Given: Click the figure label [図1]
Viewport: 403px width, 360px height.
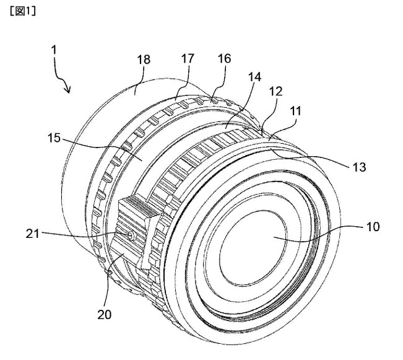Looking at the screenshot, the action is [x=23, y=11].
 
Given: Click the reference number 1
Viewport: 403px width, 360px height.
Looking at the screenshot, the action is [x=54, y=50].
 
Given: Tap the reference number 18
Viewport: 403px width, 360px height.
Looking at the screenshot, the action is [x=144, y=59].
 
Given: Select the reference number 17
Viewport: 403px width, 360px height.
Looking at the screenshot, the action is [x=188, y=59].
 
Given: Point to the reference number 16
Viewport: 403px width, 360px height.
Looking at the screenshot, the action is [x=224, y=59].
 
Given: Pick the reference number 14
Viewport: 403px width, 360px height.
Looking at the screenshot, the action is [x=254, y=77].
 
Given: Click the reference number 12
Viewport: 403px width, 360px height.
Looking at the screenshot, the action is [x=275, y=91].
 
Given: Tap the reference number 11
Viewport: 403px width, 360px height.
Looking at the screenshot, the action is [x=295, y=111].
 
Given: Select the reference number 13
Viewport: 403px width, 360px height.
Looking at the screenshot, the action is [x=359, y=167].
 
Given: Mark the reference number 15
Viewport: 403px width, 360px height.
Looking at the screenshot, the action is [x=54, y=138].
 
